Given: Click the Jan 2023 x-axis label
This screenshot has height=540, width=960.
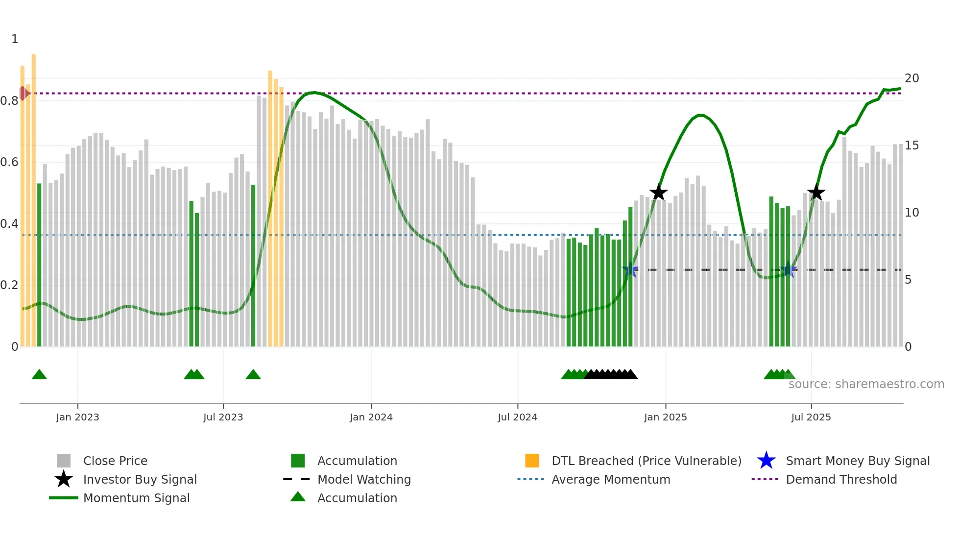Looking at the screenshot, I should click(x=77, y=417).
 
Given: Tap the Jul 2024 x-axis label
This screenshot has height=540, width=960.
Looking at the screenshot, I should click(x=517, y=417).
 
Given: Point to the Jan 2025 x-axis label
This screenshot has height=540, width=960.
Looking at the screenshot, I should click(x=665, y=417).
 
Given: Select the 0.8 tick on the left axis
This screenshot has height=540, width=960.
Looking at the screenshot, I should click(x=9, y=101).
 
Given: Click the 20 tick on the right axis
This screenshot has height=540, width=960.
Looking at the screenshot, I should click(x=912, y=78).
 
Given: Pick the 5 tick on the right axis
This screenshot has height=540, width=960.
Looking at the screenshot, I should click(x=908, y=280).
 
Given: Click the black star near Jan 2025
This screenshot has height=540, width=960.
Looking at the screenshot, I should click(x=658, y=193).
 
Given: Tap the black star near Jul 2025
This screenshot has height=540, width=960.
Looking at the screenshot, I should click(x=816, y=193).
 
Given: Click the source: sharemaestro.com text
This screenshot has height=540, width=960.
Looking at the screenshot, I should click(x=866, y=384).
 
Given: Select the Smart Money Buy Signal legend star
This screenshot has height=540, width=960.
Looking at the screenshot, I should click(x=766, y=461).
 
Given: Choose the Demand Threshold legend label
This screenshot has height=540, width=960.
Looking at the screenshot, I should click(x=841, y=479).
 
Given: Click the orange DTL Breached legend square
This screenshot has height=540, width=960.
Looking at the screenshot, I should click(x=532, y=461).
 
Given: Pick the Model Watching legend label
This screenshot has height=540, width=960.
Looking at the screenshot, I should click(x=364, y=479).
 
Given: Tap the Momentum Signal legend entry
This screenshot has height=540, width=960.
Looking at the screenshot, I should click(x=136, y=498).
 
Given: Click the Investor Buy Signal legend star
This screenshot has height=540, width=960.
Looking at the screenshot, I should click(x=64, y=479).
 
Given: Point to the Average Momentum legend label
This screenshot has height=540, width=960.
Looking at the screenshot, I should click(x=611, y=479).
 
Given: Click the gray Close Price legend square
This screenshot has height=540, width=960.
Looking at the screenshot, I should click(x=64, y=461).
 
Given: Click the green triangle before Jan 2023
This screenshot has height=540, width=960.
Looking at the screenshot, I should click(x=39, y=375).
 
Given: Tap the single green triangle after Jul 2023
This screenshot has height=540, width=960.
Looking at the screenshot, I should click(x=253, y=375).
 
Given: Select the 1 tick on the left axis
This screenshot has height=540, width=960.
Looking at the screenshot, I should click(x=15, y=39).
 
